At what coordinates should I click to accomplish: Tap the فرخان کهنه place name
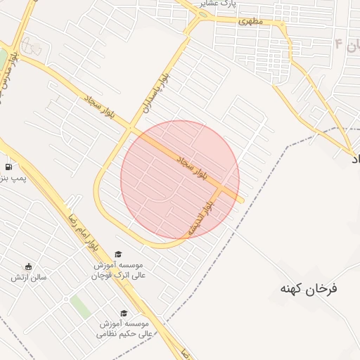click(309, 288)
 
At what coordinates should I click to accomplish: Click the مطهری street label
click(250, 21)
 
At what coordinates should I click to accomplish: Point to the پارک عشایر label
click(216, 4)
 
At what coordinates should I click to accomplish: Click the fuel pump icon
click(8, 167)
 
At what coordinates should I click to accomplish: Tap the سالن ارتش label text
click(28, 278)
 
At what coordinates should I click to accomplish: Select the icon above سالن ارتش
click(28, 266)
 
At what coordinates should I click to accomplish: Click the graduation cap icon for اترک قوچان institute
click(118, 254)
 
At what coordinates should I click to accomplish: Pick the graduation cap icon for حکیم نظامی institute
click(124, 313)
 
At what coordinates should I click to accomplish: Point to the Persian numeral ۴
click(338, 44)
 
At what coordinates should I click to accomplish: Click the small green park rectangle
click(80, 307)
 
